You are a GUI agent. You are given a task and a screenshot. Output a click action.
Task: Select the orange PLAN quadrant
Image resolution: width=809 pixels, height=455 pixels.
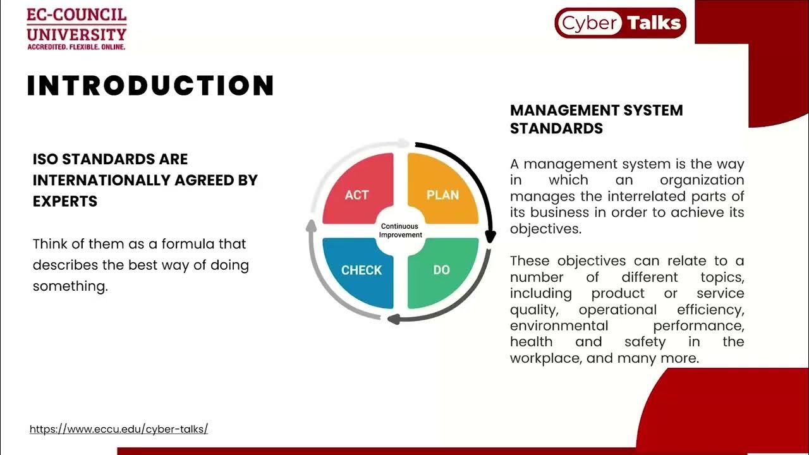(x=442, y=193)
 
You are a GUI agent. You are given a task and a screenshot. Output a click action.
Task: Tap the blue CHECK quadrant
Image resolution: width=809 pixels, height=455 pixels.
(x=360, y=270)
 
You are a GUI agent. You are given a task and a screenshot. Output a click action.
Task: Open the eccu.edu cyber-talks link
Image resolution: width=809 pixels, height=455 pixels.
(x=119, y=429)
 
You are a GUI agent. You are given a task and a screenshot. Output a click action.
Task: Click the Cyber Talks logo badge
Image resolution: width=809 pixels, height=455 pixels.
(x=619, y=23)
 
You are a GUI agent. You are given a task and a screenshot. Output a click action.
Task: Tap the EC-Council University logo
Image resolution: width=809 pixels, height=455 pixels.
(x=76, y=28)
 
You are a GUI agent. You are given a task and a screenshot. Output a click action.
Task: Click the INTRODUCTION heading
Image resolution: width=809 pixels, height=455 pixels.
(x=150, y=86)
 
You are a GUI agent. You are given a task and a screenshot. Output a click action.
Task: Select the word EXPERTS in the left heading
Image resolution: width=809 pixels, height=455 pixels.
(x=65, y=202)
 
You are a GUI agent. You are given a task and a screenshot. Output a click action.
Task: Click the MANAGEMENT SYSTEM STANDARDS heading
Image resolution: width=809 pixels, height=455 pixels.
(x=596, y=119)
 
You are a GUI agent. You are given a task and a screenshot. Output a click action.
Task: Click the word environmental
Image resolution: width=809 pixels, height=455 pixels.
(x=559, y=325)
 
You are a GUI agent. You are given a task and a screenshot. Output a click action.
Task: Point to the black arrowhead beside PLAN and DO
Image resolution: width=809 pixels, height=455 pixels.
(x=490, y=237)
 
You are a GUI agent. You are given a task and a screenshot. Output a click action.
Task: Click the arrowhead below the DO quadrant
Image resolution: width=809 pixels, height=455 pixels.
(x=392, y=319)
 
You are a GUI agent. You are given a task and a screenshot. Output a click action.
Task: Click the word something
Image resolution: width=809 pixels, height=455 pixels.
(x=70, y=286)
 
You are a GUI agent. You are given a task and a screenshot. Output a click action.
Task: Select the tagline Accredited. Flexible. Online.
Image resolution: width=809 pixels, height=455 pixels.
(x=76, y=47)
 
